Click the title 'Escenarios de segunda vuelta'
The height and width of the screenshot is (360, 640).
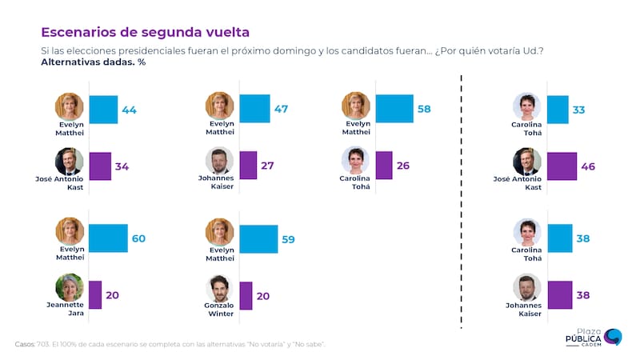click(x=145, y=32)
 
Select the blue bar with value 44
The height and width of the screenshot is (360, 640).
click(x=102, y=109)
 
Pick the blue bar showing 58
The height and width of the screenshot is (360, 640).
click(x=394, y=108)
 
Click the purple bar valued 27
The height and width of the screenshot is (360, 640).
click(x=247, y=166)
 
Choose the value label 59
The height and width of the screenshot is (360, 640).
click(x=293, y=238)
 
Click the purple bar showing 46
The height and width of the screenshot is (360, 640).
click(x=562, y=166)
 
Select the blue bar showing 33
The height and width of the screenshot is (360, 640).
click(x=558, y=109)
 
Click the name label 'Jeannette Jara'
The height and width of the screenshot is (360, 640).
click(x=70, y=310)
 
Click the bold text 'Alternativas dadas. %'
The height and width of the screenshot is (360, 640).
click(x=93, y=62)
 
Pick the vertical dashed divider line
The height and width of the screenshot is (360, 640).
click(x=462, y=200)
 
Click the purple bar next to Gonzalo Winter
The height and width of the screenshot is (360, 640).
click(x=246, y=294)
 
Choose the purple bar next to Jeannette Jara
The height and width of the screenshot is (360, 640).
click(x=95, y=294)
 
